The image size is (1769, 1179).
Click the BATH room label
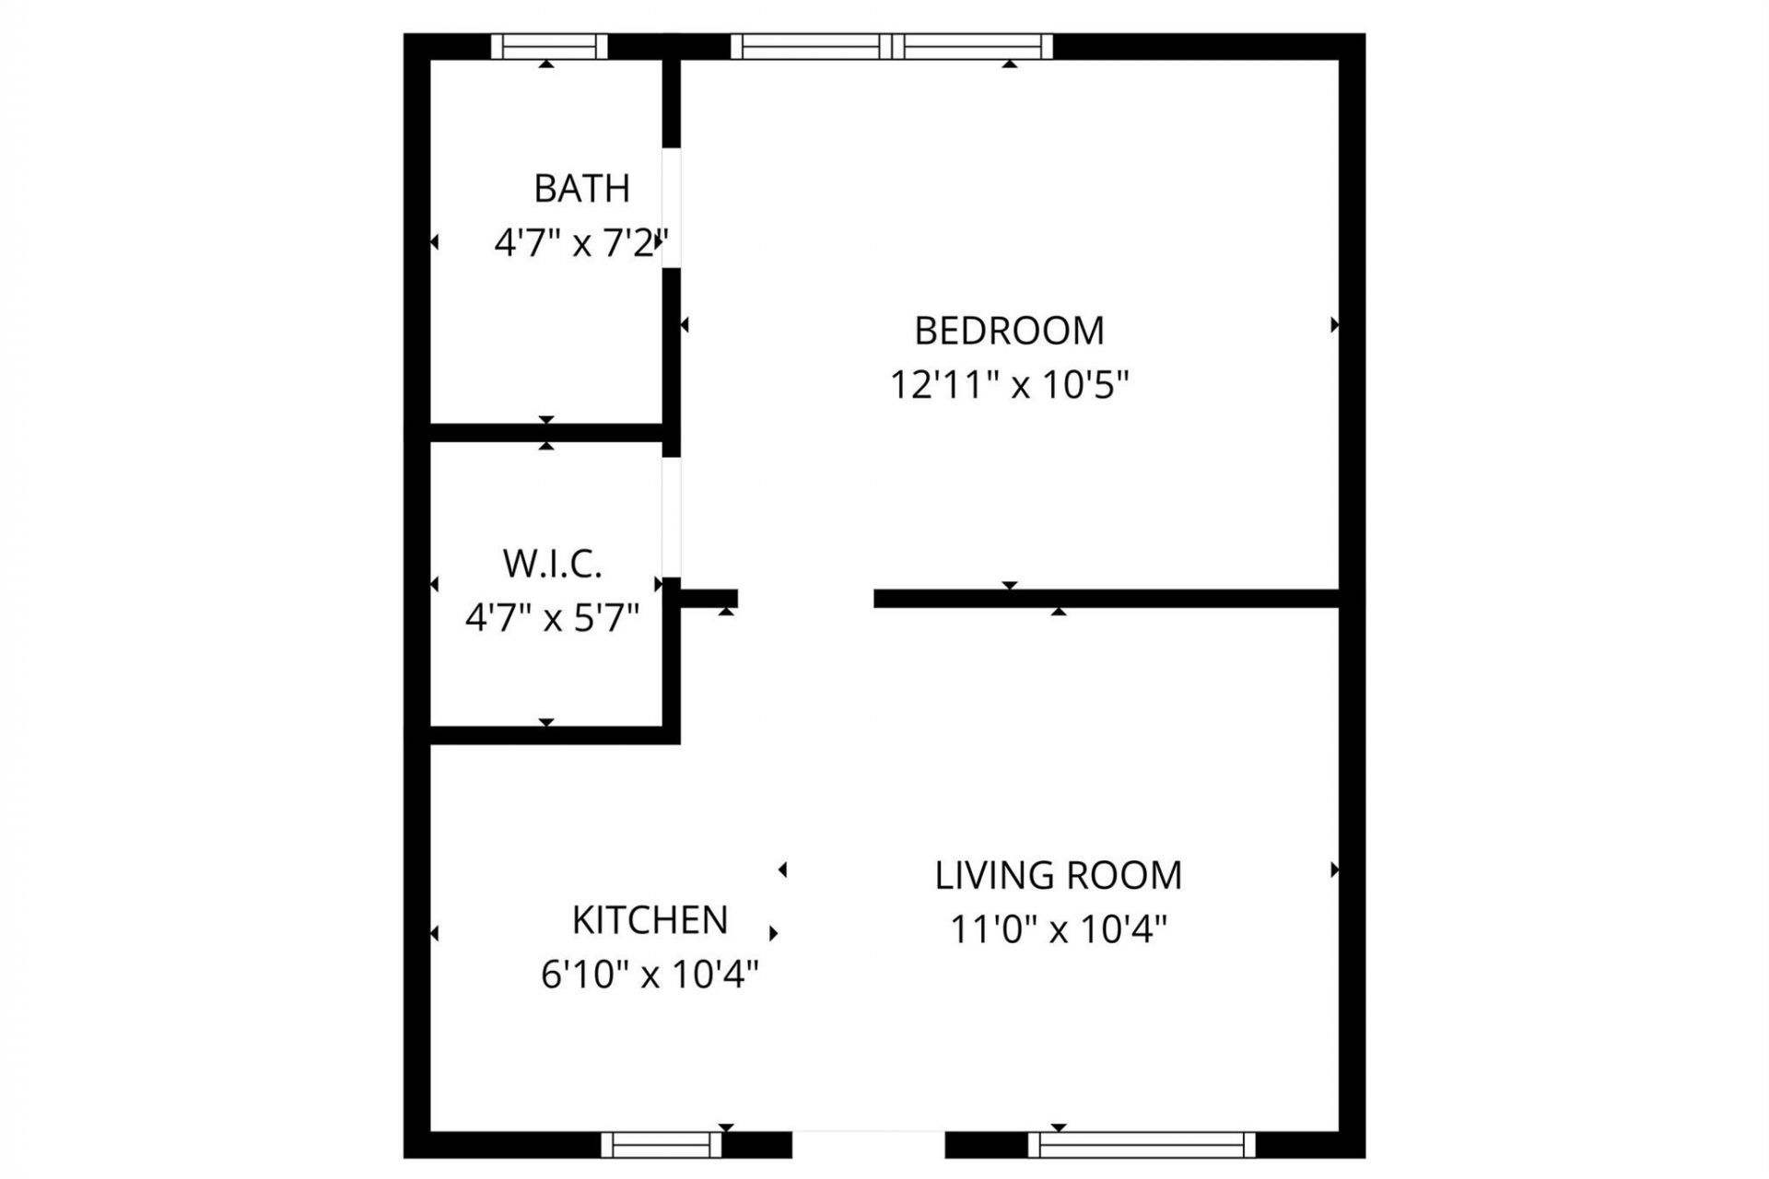click(581, 189)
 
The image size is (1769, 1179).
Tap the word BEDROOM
click(1009, 331)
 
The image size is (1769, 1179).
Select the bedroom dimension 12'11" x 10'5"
click(1009, 385)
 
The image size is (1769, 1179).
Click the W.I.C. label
click(552, 564)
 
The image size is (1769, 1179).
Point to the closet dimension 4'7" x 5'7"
click(552, 618)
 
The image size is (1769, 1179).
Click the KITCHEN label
click(650, 920)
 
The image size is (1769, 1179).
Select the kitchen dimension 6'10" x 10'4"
click(650, 975)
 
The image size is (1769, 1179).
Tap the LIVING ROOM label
click(1058, 875)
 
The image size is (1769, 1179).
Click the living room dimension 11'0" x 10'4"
click(1058, 929)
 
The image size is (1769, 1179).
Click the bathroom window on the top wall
click(549, 46)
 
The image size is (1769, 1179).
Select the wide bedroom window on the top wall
click(892, 46)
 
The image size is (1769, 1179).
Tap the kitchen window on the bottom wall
click(662, 1145)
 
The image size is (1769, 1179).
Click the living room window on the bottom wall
click(1142, 1145)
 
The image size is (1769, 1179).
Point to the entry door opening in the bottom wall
click(869, 1144)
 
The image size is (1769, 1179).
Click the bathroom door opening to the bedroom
click(672, 207)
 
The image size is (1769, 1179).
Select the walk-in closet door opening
click(672, 517)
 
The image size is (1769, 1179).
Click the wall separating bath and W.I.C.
click(547, 433)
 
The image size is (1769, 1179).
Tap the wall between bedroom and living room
click(1106, 599)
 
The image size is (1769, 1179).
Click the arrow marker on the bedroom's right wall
click(1333, 325)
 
